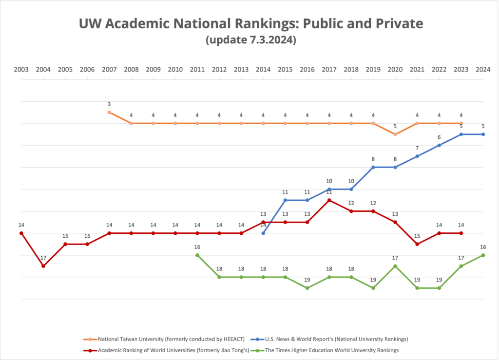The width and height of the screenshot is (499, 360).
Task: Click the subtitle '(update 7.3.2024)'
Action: [x=251, y=40]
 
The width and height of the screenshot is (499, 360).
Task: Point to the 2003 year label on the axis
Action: [x=21, y=69]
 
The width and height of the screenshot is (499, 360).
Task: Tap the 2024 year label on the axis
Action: [x=483, y=69]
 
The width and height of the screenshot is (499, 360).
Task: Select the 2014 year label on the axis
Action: [x=263, y=69]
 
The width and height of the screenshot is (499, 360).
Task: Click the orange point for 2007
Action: [x=109, y=113]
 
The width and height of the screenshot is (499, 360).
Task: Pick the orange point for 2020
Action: [x=395, y=134]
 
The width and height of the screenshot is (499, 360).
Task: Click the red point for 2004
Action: [x=43, y=266]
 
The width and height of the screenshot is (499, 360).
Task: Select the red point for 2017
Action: [x=329, y=200]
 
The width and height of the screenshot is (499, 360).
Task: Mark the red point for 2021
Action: [x=417, y=244]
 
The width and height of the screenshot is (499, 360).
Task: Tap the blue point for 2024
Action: [x=483, y=134]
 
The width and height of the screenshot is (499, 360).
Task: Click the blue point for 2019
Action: [x=373, y=167]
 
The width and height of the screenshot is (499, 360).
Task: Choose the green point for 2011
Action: [x=197, y=255]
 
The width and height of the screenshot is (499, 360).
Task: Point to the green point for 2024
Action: [x=483, y=255]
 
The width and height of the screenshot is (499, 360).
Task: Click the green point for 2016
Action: [x=307, y=288]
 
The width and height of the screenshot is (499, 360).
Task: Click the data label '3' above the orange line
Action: [x=109, y=104]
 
